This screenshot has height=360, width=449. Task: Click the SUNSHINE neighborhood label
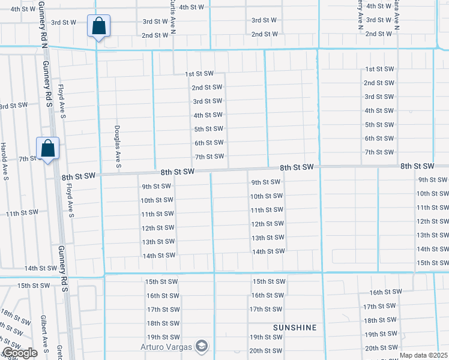tap(295, 328)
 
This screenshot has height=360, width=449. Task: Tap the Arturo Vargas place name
tap(166, 347)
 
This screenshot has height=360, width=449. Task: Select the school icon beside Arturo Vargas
tap(202, 346)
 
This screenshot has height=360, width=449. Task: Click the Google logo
tap(20, 353)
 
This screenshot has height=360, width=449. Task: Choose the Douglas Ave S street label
tap(118, 144)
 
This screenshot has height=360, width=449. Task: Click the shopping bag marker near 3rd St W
tap(98, 27)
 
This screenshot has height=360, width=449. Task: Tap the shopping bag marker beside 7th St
tap(47, 149)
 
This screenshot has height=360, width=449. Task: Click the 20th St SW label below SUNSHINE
tap(266, 351)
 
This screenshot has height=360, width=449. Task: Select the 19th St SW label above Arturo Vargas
tap(163, 337)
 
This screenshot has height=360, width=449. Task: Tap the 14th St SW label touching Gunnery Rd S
tap(40, 268)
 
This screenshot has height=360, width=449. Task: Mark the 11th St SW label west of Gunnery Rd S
tap(22, 213)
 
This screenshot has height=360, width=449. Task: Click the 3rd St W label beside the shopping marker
tap(64, 22)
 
